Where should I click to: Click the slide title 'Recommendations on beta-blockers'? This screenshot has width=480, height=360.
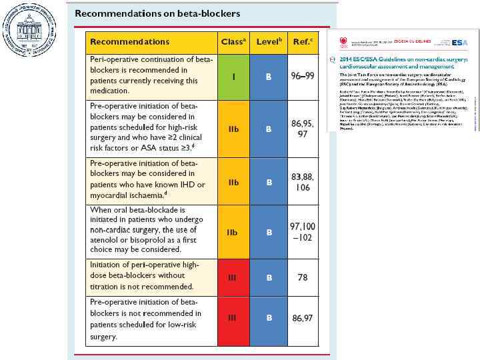click(157, 13)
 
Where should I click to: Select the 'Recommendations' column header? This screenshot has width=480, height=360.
click(129, 41)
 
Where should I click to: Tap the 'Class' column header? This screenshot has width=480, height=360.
click(233, 41)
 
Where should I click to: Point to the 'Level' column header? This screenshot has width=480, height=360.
click(269, 41)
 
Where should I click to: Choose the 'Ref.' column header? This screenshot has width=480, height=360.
click(303, 41)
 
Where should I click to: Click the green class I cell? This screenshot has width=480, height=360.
click(233, 77)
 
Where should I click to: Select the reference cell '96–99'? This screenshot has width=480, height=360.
click(303, 77)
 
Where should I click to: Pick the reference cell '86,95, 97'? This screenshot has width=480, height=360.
click(303, 129)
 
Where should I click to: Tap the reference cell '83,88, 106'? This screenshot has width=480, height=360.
click(303, 182)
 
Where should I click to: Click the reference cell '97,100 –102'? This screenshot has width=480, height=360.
click(303, 232)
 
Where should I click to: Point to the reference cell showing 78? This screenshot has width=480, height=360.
click(303, 277)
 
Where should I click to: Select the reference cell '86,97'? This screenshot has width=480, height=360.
click(303, 318)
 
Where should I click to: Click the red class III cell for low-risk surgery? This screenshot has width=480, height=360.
click(233, 318)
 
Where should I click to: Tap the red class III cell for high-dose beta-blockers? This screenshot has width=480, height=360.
click(233, 277)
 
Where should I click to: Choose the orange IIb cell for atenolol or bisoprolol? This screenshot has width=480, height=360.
click(233, 232)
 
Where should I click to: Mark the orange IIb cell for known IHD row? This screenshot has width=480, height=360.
click(233, 182)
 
